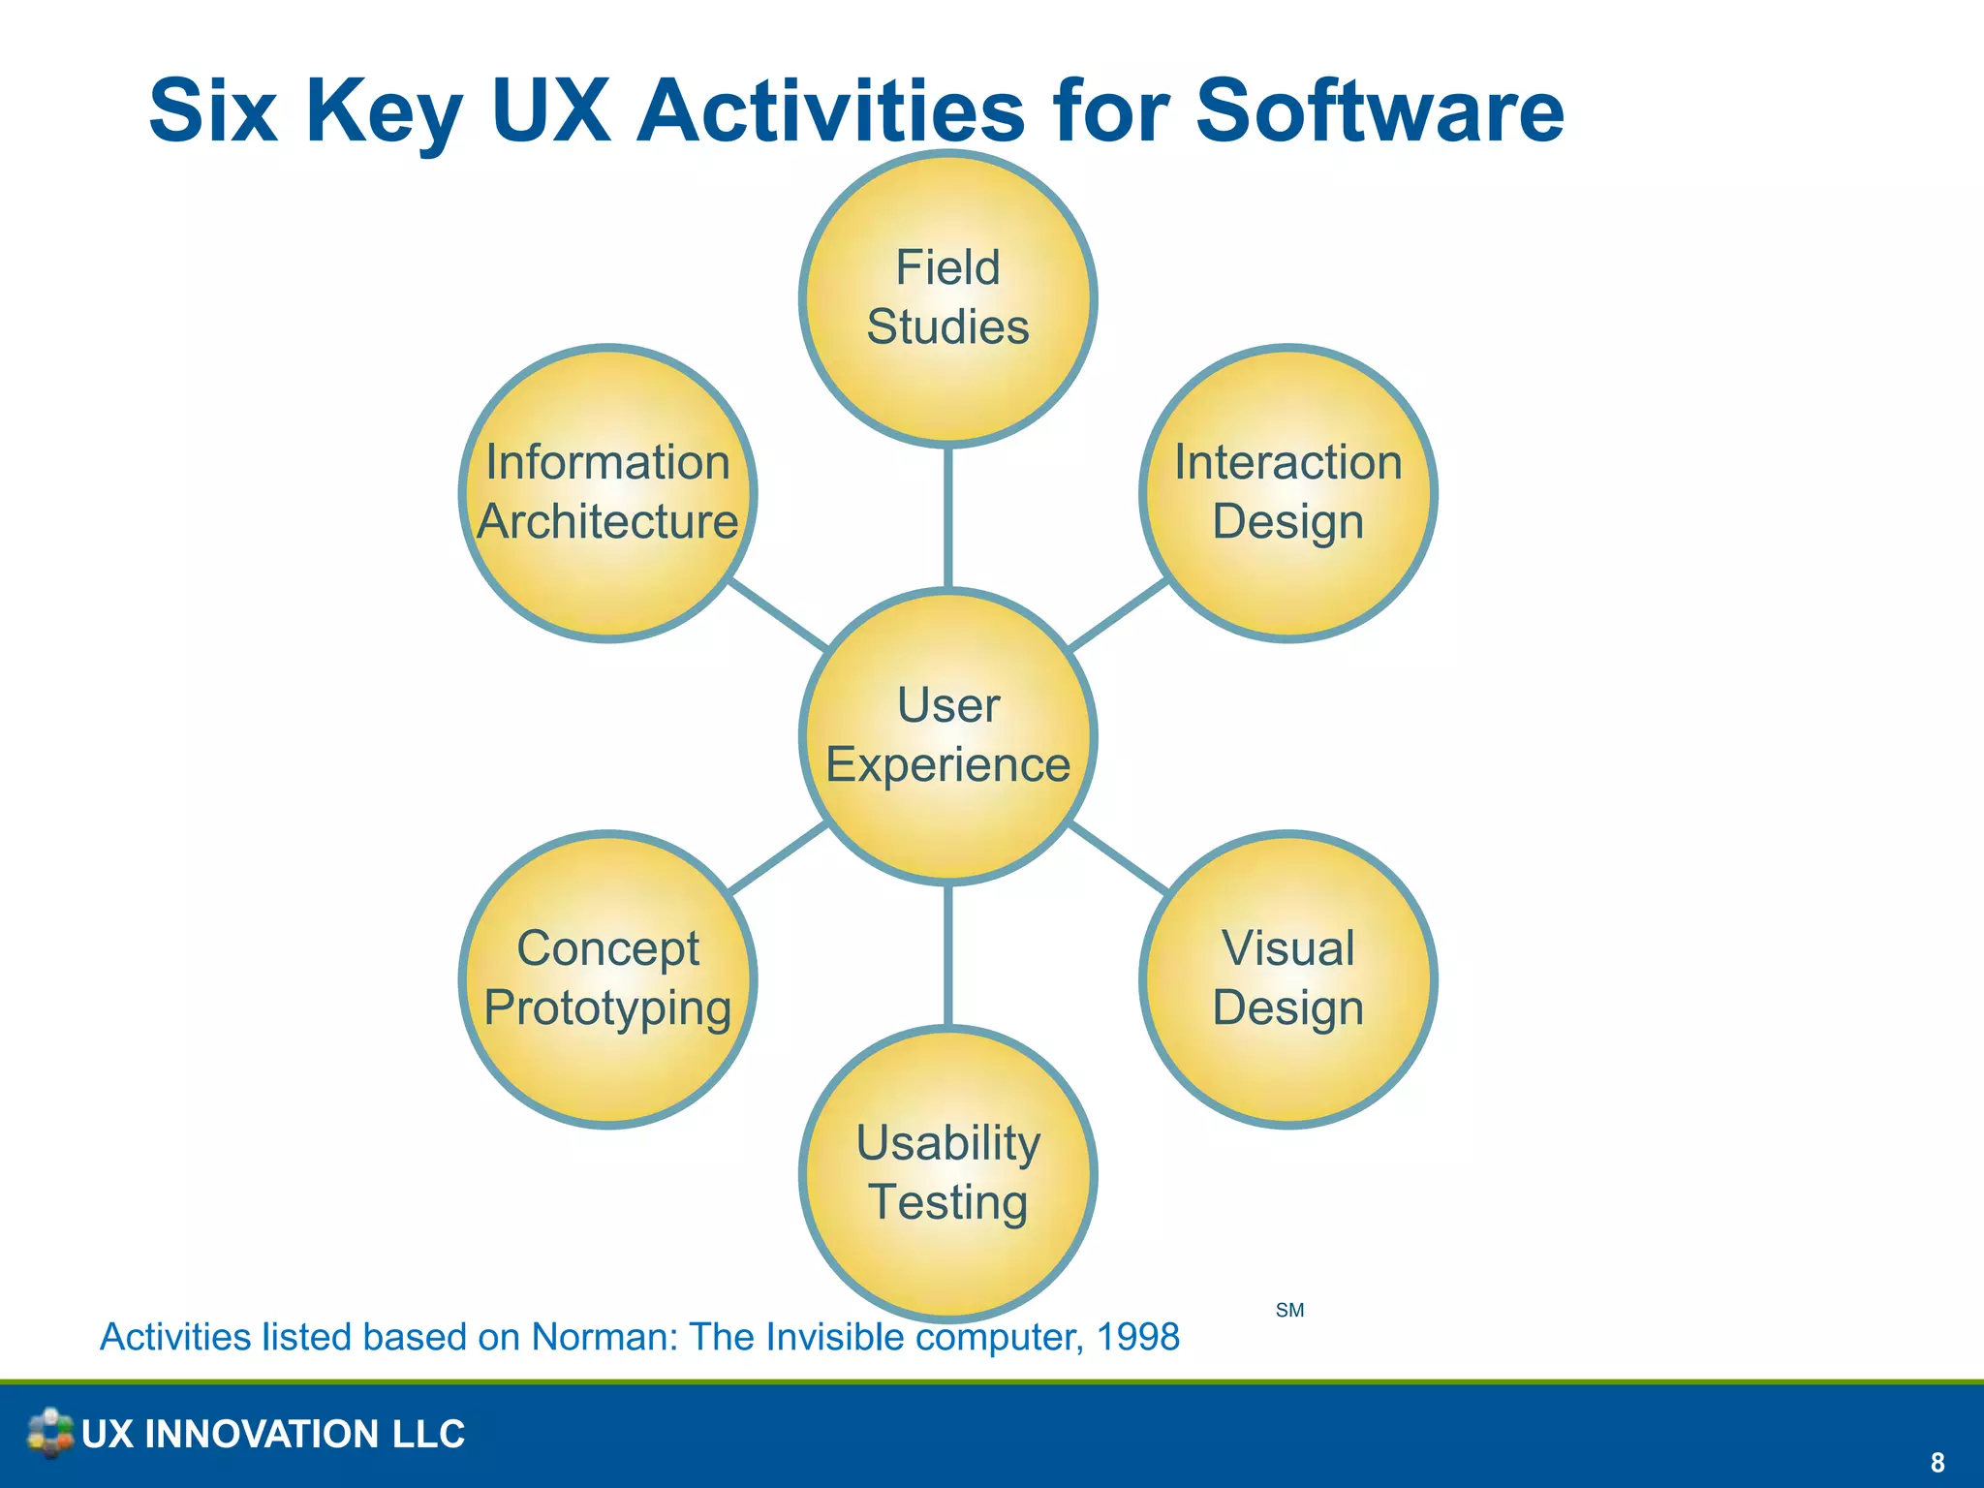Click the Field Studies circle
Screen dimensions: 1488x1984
[947, 298]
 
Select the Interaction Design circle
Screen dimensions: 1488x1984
[1287, 493]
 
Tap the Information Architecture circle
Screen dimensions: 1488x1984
[607, 493]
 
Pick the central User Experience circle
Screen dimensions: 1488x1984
[947, 736]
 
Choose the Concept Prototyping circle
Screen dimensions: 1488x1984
[607, 979]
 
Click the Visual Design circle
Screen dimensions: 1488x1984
[1287, 979]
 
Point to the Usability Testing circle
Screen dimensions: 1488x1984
[947, 1173]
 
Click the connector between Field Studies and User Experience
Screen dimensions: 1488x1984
[947, 517]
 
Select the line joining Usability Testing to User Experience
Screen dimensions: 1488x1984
[947, 954]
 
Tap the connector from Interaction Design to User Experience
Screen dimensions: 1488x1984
[1118, 614]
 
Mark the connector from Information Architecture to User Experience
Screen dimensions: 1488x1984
[778, 614]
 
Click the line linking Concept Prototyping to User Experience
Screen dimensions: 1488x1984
[778, 857]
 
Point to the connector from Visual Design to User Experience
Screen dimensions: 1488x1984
[1118, 857]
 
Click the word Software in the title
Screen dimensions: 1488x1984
[1379, 110]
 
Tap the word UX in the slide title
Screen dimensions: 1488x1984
[550, 110]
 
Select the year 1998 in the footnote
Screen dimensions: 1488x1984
[1137, 1337]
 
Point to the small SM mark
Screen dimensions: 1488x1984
[1289, 1311]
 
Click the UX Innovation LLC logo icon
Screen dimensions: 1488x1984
[50, 1433]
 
